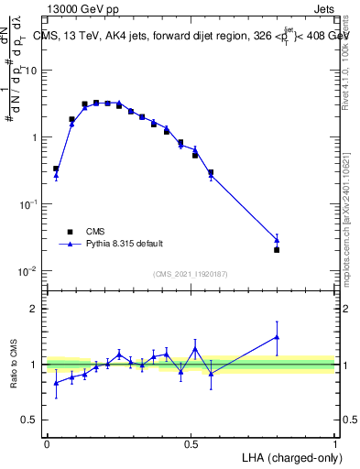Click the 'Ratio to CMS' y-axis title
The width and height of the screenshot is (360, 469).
(14, 364)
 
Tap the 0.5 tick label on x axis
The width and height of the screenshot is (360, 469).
(191, 443)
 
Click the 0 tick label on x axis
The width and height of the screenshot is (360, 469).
(47, 443)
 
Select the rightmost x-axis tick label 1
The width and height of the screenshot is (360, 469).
(335, 443)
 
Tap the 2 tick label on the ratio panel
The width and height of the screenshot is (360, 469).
(35, 309)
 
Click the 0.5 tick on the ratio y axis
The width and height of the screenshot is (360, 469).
(30, 420)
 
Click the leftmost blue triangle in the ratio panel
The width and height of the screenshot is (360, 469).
(56, 383)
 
